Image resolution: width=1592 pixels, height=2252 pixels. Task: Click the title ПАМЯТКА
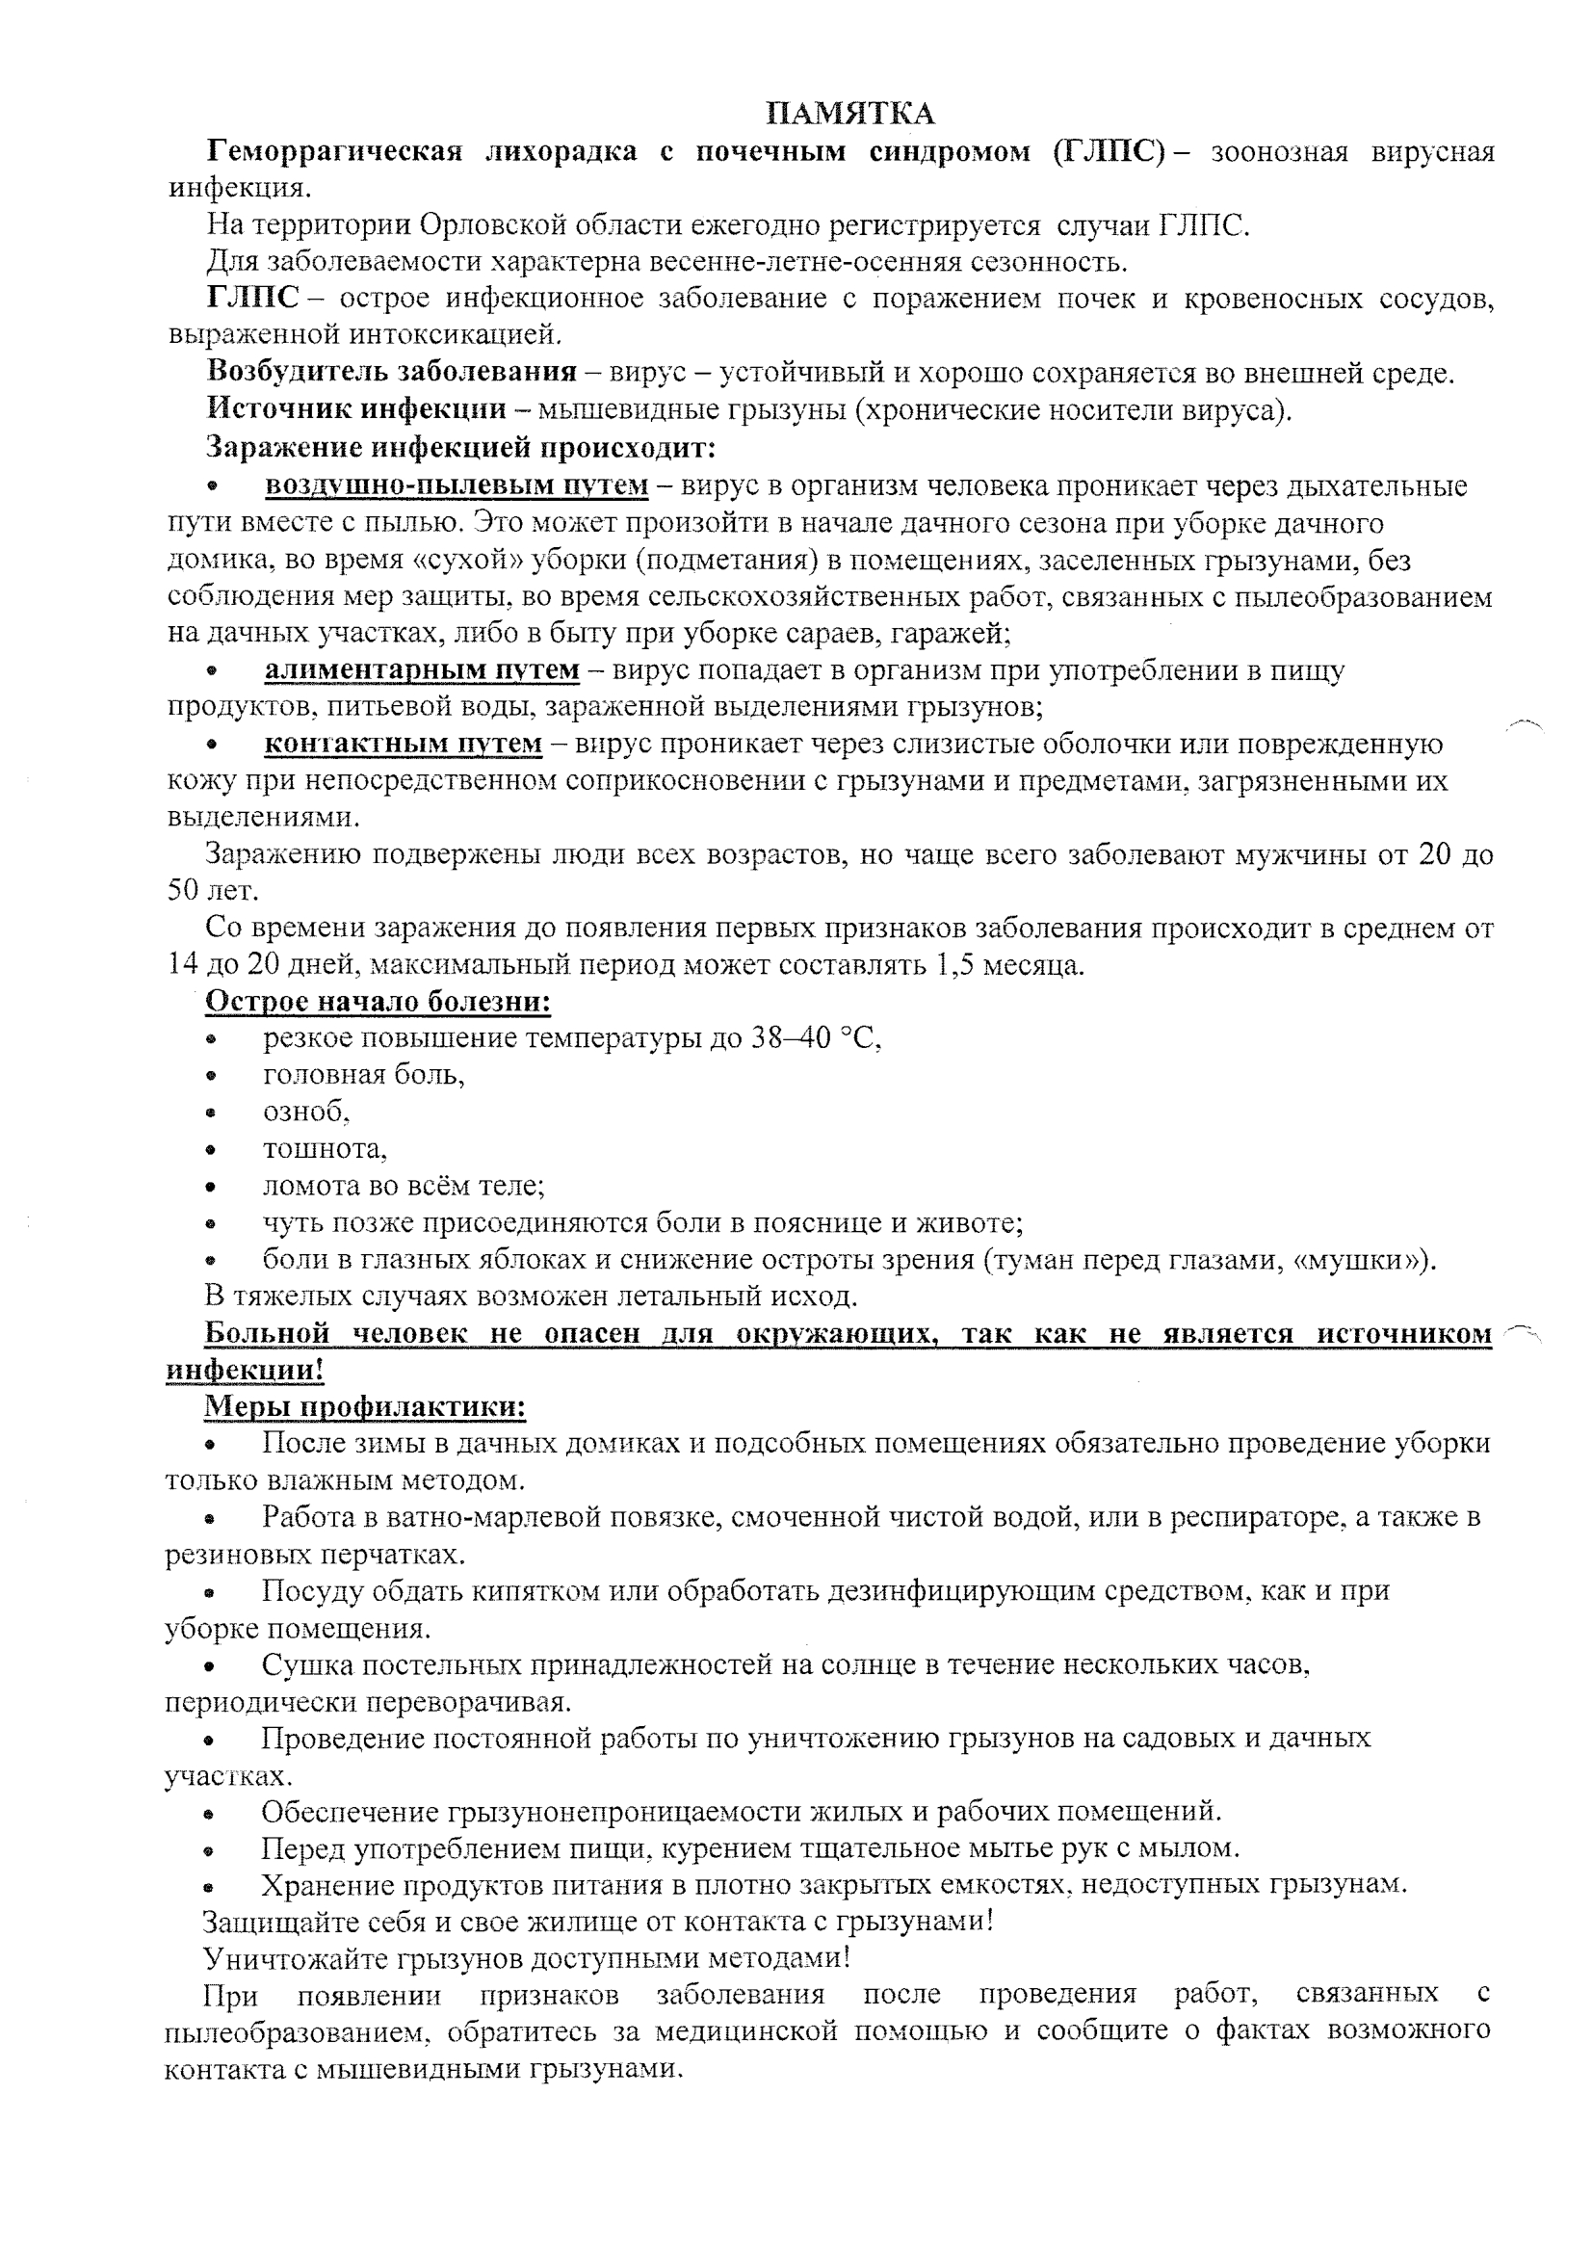pyautogui.click(x=849, y=114)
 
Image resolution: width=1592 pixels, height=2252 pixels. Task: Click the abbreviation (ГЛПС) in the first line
pyautogui.click(x=1109, y=152)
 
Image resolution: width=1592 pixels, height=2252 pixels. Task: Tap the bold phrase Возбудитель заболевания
pyautogui.click(x=391, y=373)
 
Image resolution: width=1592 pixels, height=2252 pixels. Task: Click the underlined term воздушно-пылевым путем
pyautogui.click(x=457, y=485)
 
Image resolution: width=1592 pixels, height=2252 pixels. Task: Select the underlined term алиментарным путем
pyautogui.click(x=422, y=669)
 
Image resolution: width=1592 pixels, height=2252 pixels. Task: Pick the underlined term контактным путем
pyautogui.click(x=404, y=744)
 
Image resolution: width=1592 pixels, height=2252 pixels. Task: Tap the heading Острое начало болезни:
pyautogui.click(x=378, y=1002)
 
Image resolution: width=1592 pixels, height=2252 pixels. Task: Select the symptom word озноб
pyautogui.click(x=305, y=1112)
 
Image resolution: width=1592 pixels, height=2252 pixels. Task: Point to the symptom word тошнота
pyautogui.click(x=324, y=1148)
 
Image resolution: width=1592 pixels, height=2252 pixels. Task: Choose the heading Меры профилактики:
pyautogui.click(x=365, y=1406)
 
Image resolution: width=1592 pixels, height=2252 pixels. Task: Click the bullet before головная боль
pyautogui.click(x=210, y=1076)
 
